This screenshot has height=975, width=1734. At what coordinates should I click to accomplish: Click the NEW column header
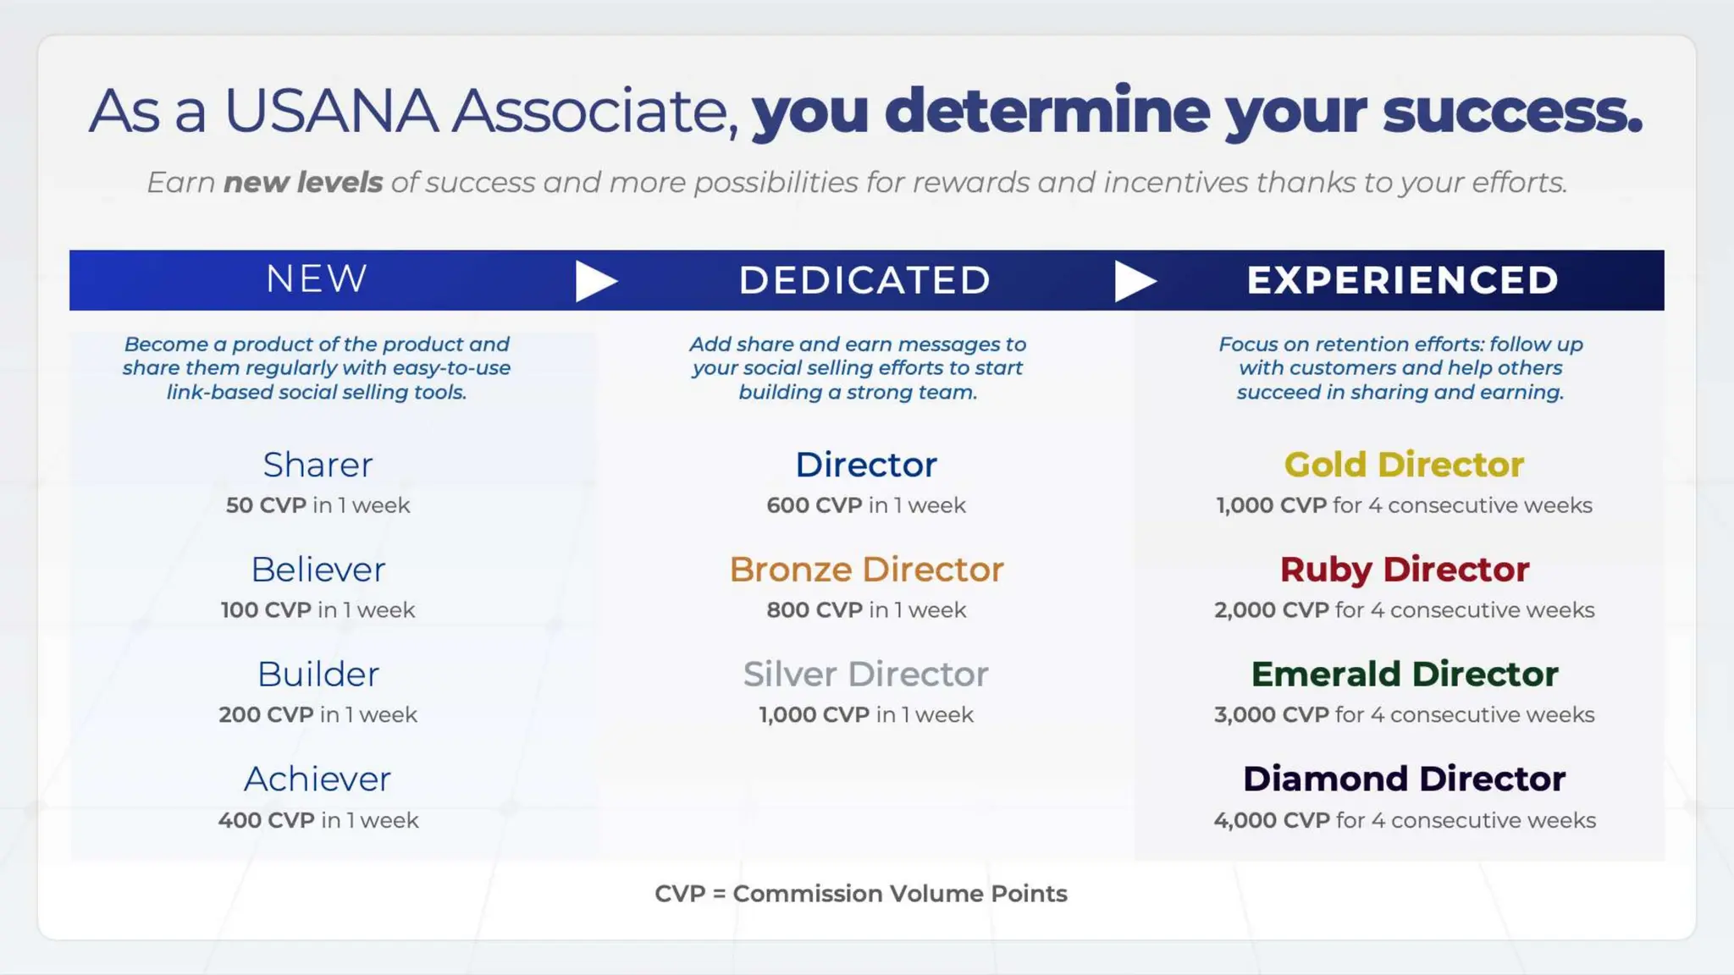pos(317,279)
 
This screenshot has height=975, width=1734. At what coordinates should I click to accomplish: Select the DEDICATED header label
pos(864,281)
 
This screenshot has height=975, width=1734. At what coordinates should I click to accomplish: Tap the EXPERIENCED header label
pos(1402,281)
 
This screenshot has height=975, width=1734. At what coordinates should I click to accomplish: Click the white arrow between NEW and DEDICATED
pos(595,281)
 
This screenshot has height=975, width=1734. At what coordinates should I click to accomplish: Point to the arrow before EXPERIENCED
pos(1135,281)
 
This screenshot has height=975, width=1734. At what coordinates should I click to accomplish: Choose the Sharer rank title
pos(318,465)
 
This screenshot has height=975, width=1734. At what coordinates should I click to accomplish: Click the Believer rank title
pos(318,570)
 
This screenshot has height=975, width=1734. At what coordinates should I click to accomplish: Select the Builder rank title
pos(318,675)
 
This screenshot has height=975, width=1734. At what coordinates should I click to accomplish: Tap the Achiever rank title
pos(318,779)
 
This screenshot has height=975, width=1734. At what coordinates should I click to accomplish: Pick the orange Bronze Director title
pos(866,570)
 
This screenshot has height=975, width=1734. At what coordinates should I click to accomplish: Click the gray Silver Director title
pos(865,675)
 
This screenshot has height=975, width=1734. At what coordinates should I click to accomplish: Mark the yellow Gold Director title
pos(1404,465)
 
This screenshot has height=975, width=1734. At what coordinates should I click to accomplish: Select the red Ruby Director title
pos(1404,570)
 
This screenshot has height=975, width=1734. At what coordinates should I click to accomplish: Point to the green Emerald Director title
pos(1404,675)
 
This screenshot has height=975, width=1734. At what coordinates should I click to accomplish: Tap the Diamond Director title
pos(1404,779)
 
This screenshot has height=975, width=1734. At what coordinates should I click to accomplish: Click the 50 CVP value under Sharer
pos(266,505)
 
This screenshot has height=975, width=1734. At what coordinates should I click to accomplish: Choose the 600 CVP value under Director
pos(814,505)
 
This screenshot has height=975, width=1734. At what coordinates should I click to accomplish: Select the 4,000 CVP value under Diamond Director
pos(1271,820)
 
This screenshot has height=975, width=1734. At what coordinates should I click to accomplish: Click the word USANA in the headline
pos(330,111)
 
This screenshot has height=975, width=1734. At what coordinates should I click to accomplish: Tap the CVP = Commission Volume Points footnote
pos(860,894)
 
